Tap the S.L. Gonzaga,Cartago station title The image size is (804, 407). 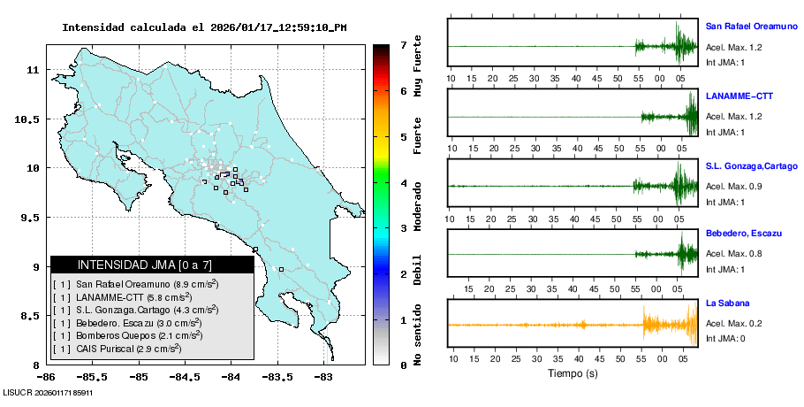[751, 165]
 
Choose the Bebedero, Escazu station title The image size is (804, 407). [743, 233]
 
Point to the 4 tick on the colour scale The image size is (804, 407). [403, 183]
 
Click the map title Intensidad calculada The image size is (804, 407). [204, 27]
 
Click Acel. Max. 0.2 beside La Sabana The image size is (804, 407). [733, 325]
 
